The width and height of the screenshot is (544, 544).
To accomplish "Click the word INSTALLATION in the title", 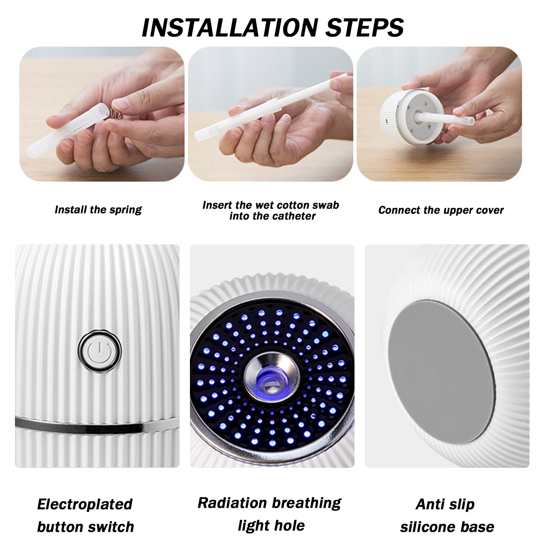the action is point(230,28).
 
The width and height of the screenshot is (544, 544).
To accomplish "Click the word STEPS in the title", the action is point(365,28).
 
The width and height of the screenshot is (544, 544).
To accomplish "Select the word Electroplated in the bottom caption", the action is point(85,505).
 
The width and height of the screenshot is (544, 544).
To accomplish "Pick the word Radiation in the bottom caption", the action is point(232,503).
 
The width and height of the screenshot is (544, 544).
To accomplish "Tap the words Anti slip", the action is point(445,504).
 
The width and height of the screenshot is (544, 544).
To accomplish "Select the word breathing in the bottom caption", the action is point(306,503).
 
